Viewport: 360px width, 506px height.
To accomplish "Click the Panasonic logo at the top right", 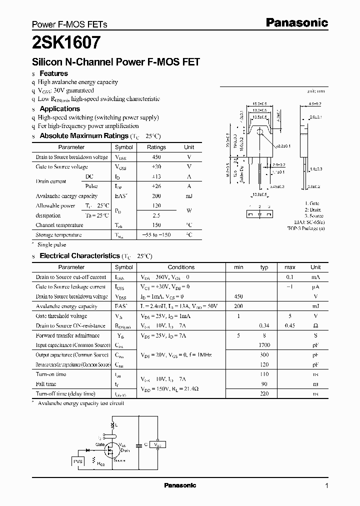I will click(x=296, y=22).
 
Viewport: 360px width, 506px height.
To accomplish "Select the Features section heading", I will click(x=53, y=73).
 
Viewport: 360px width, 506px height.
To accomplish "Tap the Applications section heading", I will click(x=59, y=108).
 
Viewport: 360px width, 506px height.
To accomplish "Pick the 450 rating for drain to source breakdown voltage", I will click(x=156, y=157).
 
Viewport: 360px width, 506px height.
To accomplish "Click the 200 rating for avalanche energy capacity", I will click(x=156, y=196).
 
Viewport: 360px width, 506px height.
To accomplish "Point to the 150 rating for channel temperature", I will click(x=156, y=225).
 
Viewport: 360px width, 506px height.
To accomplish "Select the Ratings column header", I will click(x=156, y=147).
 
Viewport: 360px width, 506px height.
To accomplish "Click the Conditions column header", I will click(x=180, y=267).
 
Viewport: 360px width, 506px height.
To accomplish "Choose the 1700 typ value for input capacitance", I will click(x=264, y=345).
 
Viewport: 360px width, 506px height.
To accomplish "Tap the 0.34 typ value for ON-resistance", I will click(x=264, y=326).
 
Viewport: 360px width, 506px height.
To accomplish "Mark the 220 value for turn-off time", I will click(x=264, y=394).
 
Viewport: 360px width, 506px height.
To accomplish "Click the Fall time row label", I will click(x=46, y=384).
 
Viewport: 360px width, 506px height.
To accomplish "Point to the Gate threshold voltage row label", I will click(x=61, y=316).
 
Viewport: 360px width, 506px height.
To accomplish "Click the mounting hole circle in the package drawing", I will click(x=259, y=131).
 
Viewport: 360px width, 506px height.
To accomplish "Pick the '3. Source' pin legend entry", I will click(x=314, y=216).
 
